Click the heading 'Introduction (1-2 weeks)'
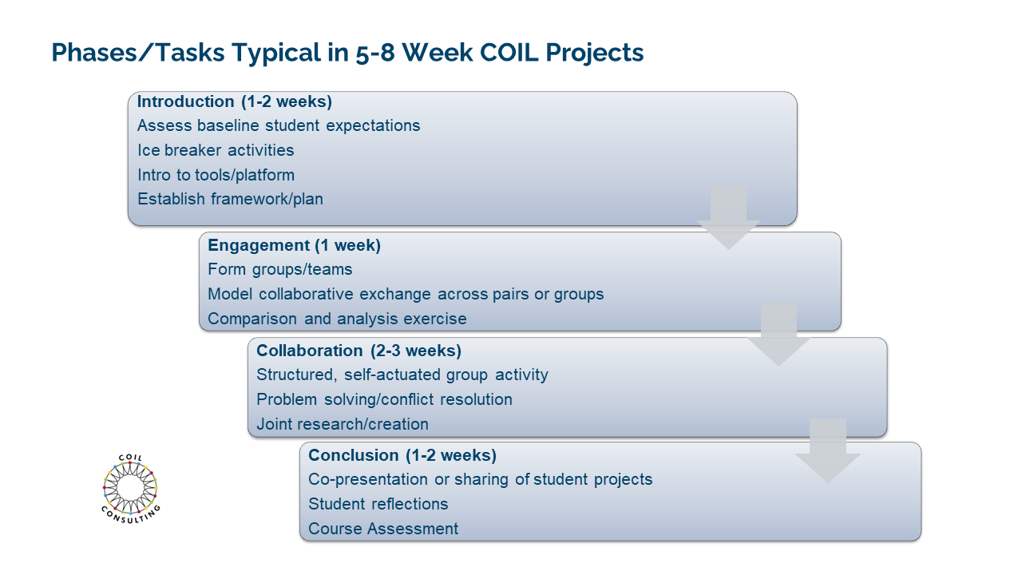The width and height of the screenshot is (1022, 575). pyautogui.click(x=235, y=101)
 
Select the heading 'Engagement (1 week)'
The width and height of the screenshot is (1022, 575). pyautogui.click(x=295, y=245)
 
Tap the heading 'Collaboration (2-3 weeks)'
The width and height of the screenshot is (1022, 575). pyautogui.click(x=359, y=351)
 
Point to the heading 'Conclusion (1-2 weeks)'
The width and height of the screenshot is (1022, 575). pyautogui.click(x=402, y=455)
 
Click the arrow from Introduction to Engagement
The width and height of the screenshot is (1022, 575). pyautogui.click(x=729, y=217)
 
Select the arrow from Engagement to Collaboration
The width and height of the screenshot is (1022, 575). pyautogui.click(x=778, y=334)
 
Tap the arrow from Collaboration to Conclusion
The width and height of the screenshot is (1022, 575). pyautogui.click(x=828, y=450)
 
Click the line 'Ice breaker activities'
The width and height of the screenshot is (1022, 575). pyautogui.click(x=216, y=150)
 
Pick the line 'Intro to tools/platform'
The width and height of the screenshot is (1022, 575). pyautogui.click(x=216, y=175)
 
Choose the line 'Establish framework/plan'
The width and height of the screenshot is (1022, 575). pyautogui.click(x=231, y=199)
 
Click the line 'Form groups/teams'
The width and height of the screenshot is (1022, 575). pyautogui.click(x=280, y=269)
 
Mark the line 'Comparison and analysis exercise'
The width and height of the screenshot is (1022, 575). pyautogui.click(x=337, y=319)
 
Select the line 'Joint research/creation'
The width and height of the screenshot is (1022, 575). pyautogui.click(x=343, y=424)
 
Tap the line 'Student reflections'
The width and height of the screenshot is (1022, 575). pyautogui.click(x=378, y=504)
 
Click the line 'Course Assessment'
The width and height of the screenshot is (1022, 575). pyautogui.click(x=383, y=529)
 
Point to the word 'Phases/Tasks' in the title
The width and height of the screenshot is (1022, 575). pyautogui.click(x=138, y=52)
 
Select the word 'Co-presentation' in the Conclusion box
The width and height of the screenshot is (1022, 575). pyautogui.click(x=368, y=480)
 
